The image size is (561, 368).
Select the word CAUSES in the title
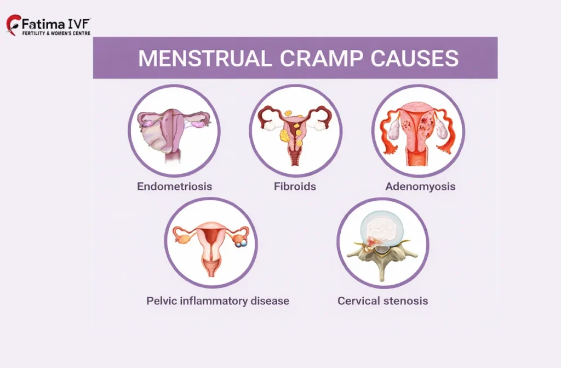click(413, 59)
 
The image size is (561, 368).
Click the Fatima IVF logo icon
click(14, 25)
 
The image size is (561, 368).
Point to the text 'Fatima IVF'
click(56, 24)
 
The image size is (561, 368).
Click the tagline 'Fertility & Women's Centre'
click(56, 33)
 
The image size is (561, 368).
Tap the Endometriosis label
click(174, 186)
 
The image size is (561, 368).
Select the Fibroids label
click(295, 186)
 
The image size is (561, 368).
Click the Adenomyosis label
click(420, 186)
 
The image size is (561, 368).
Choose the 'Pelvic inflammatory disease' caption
click(217, 301)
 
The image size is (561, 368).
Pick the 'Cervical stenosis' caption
click(382, 301)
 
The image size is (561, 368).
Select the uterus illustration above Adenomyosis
click(418, 132)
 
